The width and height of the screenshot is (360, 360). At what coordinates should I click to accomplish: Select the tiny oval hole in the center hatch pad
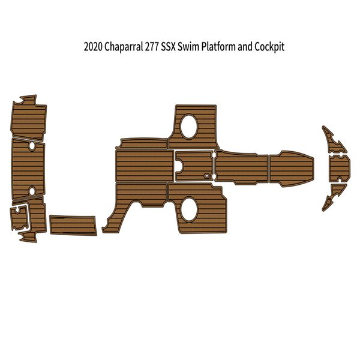[x=207, y=176]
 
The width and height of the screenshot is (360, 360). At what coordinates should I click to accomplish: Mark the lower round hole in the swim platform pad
[x=32, y=191]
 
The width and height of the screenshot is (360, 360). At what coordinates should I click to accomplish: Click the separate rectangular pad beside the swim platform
[x=72, y=225]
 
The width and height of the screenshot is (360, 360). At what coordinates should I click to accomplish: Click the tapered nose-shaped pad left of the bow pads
[x=291, y=169]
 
